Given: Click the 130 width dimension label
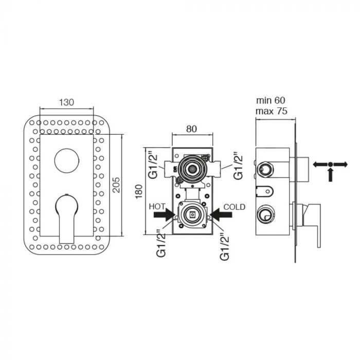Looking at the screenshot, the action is pyautogui.click(x=66, y=102).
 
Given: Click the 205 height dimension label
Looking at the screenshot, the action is pyautogui.click(x=117, y=185).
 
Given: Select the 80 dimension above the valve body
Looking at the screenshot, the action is pyautogui.click(x=191, y=129).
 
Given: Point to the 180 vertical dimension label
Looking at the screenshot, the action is pyautogui.click(x=139, y=192).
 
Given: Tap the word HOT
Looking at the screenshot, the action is pyautogui.click(x=157, y=207).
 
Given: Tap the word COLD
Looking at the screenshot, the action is pyautogui.click(x=235, y=207).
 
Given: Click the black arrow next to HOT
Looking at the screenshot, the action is pyautogui.click(x=165, y=215).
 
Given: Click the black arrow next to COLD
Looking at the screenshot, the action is pyautogui.click(x=221, y=215).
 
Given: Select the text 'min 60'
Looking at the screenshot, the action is pyautogui.click(x=271, y=100).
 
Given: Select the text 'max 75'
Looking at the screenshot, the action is pyautogui.click(x=272, y=111).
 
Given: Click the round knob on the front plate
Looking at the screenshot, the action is pyautogui.click(x=67, y=160).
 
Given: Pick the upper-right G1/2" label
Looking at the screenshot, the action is pyautogui.click(x=238, y=165).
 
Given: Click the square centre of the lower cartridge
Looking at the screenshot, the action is pyautogui.click(x=192, y=214).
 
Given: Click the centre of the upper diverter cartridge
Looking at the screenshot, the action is pyautogui.click(x=192, y=169).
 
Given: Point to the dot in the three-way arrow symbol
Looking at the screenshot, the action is pyautogui.click(x=330, y=164).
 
